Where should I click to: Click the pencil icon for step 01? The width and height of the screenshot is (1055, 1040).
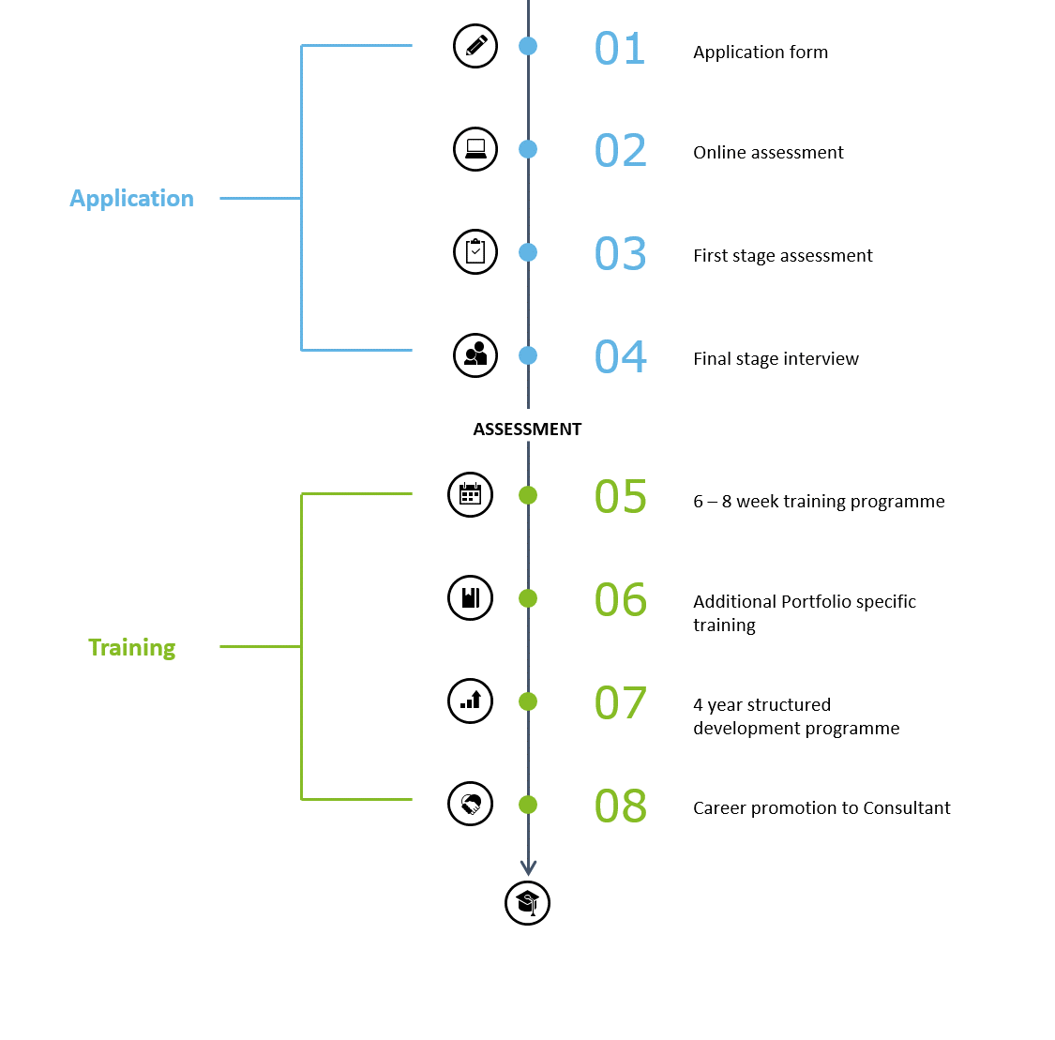(x=475, y=46)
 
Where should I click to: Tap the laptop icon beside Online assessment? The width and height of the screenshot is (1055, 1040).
(x=475, y=149)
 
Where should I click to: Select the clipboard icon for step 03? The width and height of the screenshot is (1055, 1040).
(x=475, y=251)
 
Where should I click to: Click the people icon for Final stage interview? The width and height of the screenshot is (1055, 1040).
(x=475, y=355)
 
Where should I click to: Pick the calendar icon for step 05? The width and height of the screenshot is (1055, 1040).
(x=471, y=494)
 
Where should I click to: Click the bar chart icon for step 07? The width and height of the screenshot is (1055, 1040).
(x=471, y=701)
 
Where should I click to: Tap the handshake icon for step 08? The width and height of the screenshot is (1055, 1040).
(x=471, y=804)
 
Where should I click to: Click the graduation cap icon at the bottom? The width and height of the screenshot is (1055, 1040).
(x=527, y=903)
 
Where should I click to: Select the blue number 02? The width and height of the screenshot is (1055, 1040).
(x=621, y=151)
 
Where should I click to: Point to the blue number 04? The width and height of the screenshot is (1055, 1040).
(x=621, y=356)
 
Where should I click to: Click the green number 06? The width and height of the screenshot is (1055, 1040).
(x=621, y=599)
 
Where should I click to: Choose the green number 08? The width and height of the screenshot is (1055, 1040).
(x=621, y=806)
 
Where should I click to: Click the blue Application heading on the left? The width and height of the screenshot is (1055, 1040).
(x=132, y=199)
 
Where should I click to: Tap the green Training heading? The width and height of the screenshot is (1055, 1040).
(x=132, y=648)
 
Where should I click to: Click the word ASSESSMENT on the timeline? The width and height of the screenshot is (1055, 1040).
(x=527, y=430)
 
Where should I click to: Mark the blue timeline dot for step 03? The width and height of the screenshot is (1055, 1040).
(x=528, y=252)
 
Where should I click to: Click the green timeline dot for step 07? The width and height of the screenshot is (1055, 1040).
(x=528, y=701)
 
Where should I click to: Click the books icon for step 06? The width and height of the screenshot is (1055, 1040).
(x=471, y=597)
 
